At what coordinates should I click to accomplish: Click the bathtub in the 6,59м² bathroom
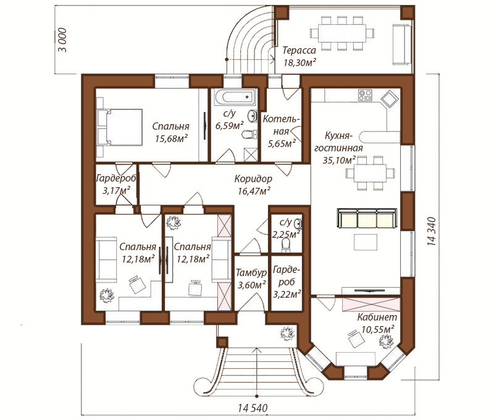(x=235, y=97)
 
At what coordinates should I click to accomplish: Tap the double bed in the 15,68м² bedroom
(x=120, y=127)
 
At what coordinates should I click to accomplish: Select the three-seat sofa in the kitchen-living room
(x=367, y=217)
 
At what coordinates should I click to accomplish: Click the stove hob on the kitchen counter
(x=365, y=95)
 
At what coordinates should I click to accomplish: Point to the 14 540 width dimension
(x=253, y=408)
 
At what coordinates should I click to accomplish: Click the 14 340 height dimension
(x=432, y=231)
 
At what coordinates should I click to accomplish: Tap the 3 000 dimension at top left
(x=63, y=40)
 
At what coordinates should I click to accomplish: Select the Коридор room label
(x=253, y=178)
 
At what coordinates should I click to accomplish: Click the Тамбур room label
(x=251, y=272)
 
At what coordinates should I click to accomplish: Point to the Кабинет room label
(x=377, y=317)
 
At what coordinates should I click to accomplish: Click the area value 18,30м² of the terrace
(x=299, y=62)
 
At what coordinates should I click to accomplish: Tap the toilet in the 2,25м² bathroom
(x=286, y=245)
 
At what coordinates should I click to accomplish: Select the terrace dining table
(x=342, y=33)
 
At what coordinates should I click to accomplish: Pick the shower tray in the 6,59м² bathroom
(x=251, y=154)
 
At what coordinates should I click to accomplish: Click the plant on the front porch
(x=287, y=334)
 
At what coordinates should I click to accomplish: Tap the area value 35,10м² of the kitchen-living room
(x=339, y=160)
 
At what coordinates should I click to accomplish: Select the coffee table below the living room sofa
(x=366, y=242)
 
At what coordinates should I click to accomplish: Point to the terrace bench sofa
(x=402, y=44)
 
